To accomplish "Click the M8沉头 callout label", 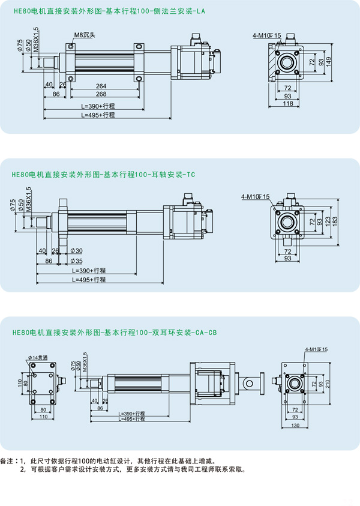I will click(x=85, y=35).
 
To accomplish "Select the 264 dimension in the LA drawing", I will click(x=101, y=86).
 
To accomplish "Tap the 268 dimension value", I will click(x=101, y=94).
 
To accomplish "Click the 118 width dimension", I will click(x=288, y=104).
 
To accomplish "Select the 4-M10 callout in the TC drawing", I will click(x=256, y=196).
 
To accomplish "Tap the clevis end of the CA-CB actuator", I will click(x=250, y=381).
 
